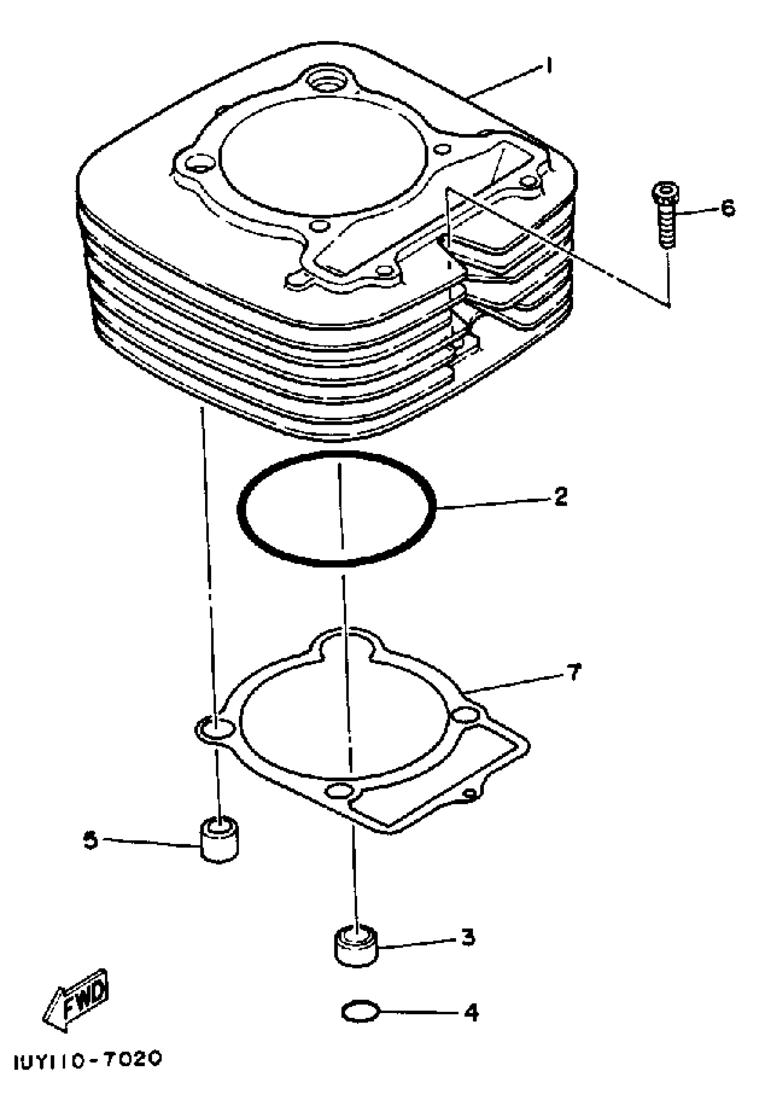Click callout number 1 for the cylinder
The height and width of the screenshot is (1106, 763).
[550, 66]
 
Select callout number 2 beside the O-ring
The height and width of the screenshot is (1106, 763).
[560, 497]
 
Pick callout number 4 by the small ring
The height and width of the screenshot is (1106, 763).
[471, 1012]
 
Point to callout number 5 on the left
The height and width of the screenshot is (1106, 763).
[90, 840]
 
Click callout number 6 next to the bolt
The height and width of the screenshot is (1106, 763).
[728, 208]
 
